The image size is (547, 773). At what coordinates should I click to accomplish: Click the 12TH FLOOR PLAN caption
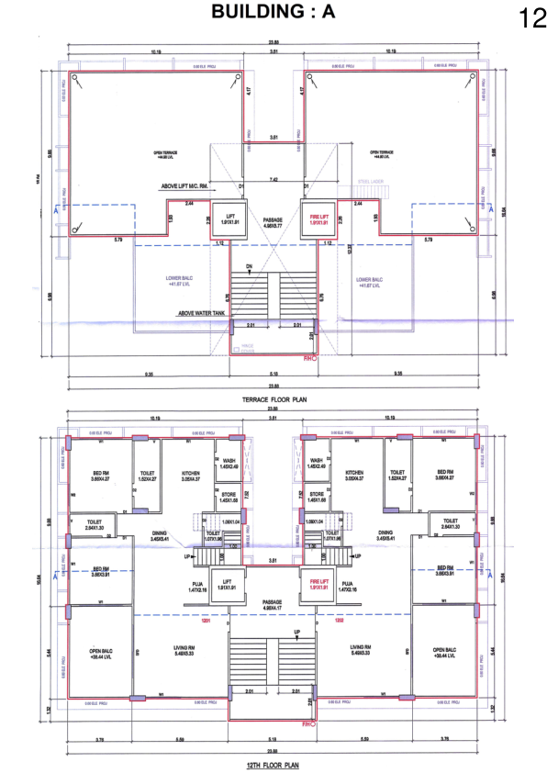point(273,764)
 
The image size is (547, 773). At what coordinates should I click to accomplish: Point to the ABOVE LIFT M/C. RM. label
point(190,185)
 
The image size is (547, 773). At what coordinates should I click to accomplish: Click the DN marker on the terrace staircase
point(248,267)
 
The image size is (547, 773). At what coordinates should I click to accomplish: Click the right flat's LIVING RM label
point(361,650)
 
